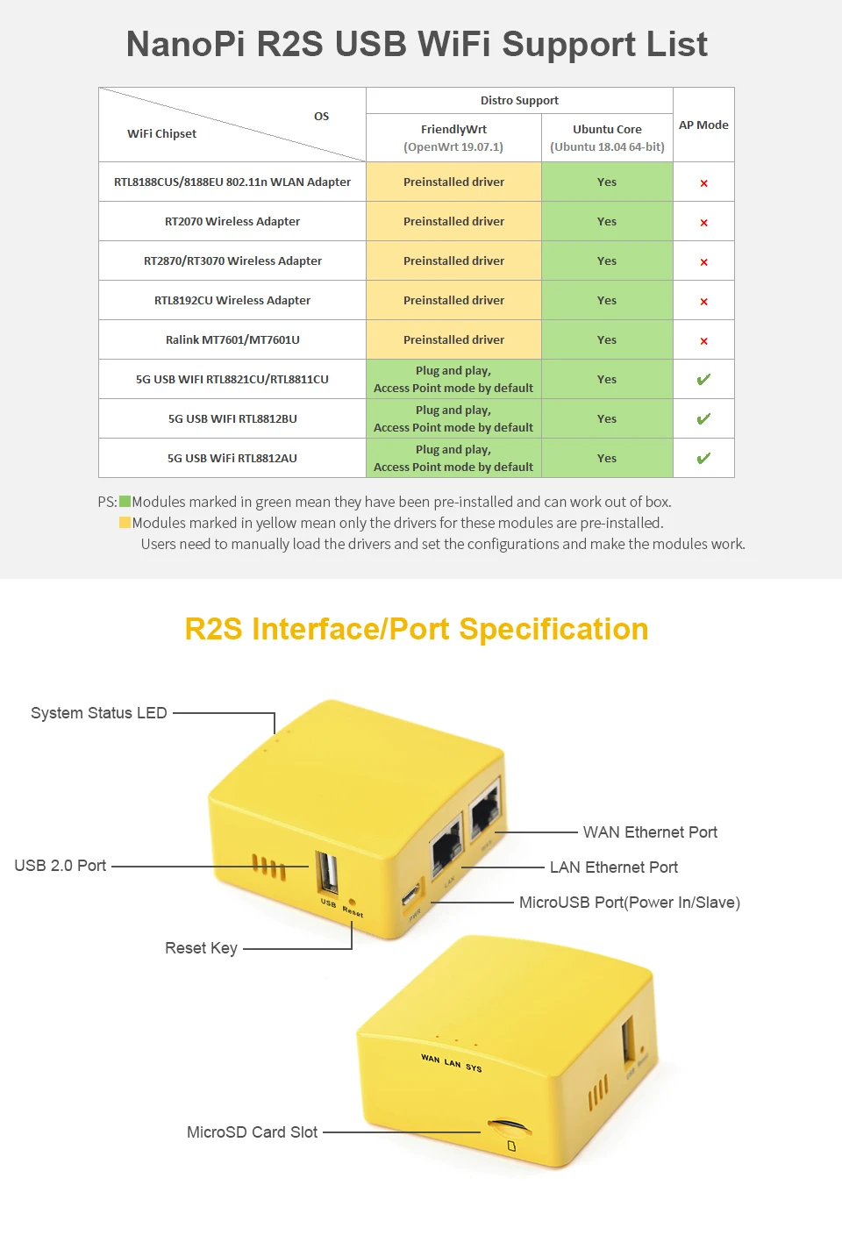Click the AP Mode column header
[703, 125]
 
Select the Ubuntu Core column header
[607, 129]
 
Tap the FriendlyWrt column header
[453, 129]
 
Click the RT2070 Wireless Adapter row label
[232, 221]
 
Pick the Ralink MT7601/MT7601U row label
[232, 339]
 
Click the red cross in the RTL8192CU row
[703, 301]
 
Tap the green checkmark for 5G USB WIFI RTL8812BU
[703, 418]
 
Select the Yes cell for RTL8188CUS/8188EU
[607, 182]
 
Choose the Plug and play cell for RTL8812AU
[453, 458]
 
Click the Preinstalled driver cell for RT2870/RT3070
[453, 261]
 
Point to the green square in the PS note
[125, 502]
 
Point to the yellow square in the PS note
[125, 523]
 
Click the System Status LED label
[98, 713]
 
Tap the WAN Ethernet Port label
[650, 832]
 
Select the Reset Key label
[201, 948]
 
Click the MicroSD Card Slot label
[252, 1132]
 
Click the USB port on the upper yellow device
[328, 873]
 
